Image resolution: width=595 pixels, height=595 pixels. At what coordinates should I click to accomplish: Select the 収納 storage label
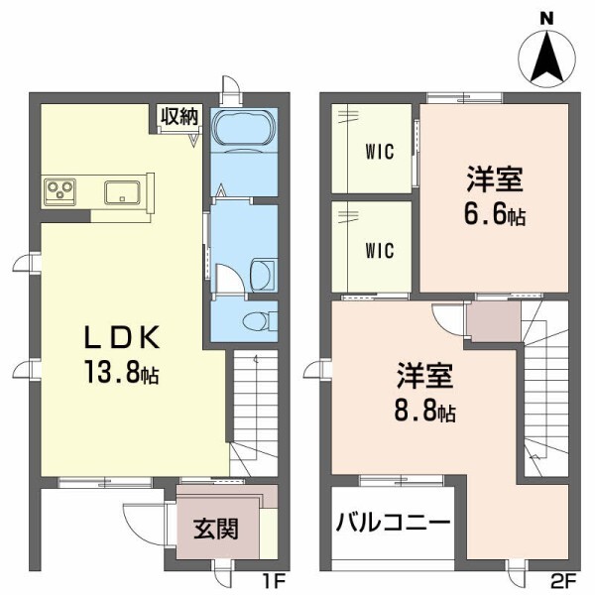click(x=179, y=116)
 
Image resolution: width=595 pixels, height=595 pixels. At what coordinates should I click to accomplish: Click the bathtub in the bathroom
click(x=242, y=133)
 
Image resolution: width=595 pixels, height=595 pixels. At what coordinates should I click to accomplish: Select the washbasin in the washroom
click(x=263, y=274)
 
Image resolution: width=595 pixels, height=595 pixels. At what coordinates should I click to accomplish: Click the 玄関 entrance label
click(x=214, y=528)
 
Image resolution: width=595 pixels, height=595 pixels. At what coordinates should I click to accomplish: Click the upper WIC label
click(x=379, y=152)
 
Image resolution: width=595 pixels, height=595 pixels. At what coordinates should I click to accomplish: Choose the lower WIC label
click(x=379, y=251)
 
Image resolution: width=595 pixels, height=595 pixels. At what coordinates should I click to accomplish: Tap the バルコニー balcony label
click(x=393, y=523)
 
